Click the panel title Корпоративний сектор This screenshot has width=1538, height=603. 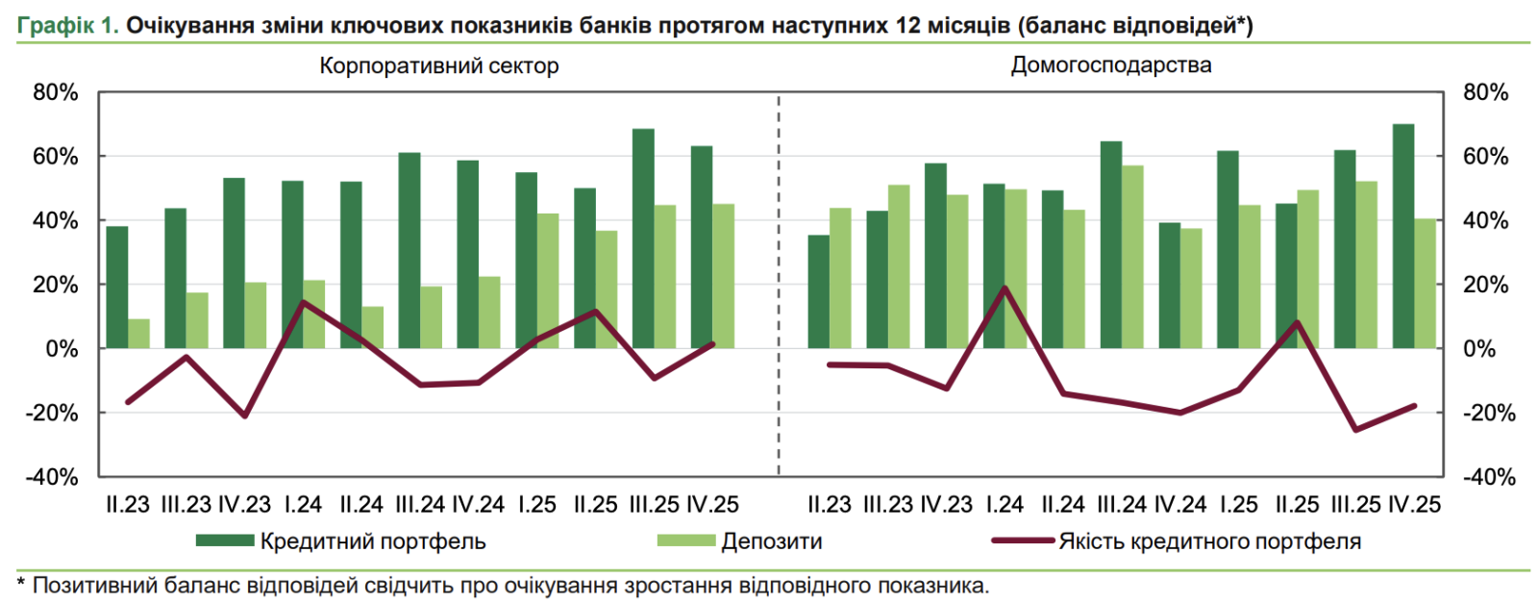tap(438, 66)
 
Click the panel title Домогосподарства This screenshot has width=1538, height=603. tap(1110, 65)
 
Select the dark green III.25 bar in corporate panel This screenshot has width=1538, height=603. tap(643, 239)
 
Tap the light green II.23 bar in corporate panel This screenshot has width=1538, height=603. tap(139, 333)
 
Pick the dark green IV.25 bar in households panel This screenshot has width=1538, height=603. tap(1403, 236)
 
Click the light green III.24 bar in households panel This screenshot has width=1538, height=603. tap(1132, 257)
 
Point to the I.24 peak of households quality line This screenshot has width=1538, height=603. tap(1005, 288)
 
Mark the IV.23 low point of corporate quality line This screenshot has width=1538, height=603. tap(244, 415)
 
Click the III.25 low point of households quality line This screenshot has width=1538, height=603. tap(1356, 429)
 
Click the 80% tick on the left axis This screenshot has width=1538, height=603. tap(56, 92)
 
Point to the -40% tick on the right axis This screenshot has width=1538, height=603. tap(1489, 477)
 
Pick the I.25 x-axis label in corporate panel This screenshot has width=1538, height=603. tap(536, 505)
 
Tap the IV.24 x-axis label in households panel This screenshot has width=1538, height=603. tap(1179, 505)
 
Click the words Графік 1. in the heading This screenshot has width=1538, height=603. tap(67, 25)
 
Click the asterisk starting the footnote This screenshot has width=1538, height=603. tap(21, 583)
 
